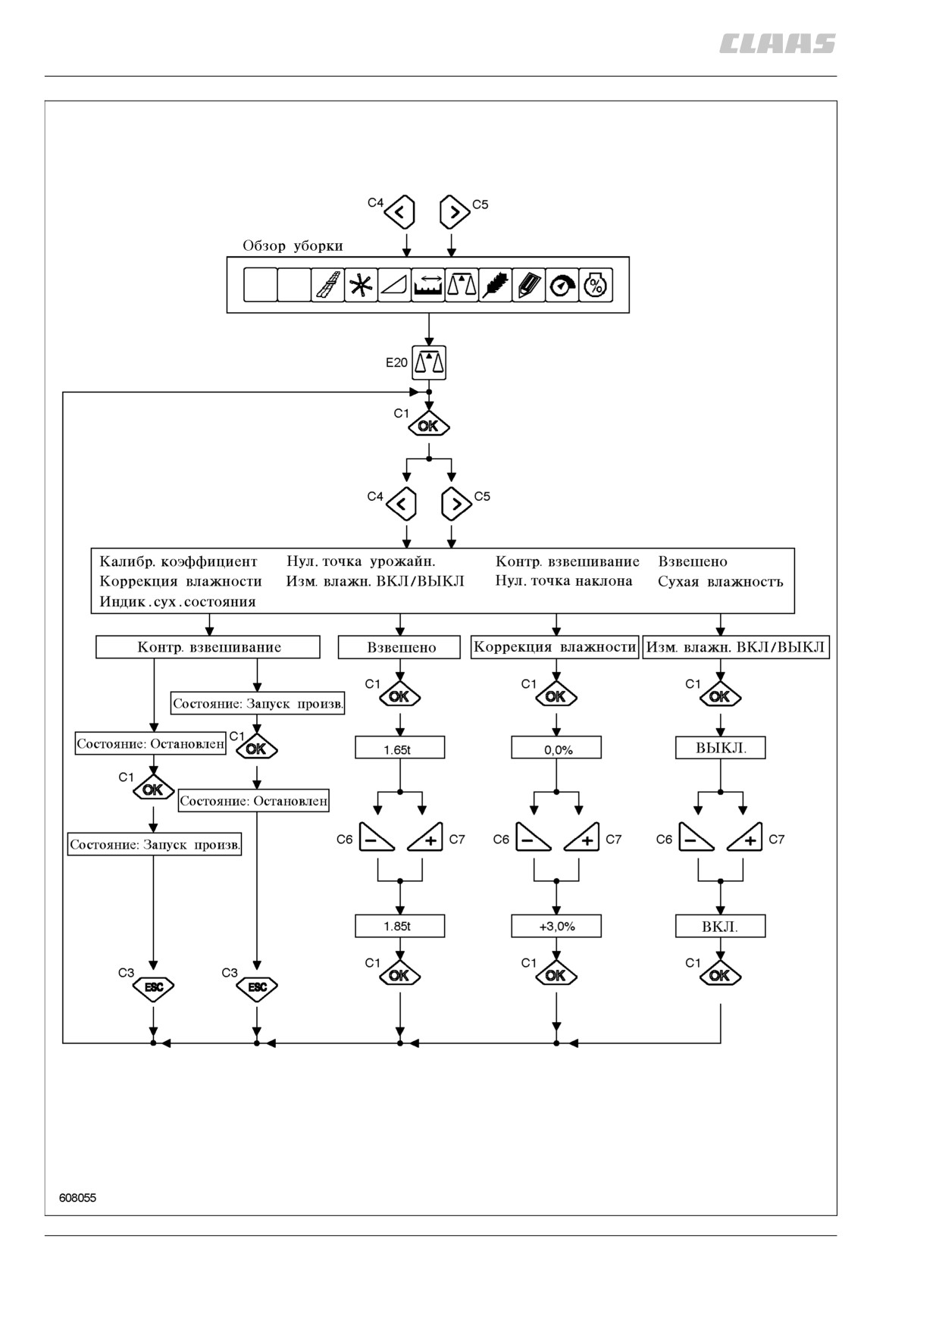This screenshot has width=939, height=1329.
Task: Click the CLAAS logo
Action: (x=777, y=44)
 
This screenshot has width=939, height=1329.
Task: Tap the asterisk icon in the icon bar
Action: (x=362, y=286)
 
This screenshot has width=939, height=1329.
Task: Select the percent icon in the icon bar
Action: (x=596, y=286)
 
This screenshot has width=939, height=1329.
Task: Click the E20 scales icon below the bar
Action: (x=429, y=363)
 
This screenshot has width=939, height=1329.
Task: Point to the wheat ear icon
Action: (x=496, y=286)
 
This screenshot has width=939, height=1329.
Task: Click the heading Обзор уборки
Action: (x=293, y=245)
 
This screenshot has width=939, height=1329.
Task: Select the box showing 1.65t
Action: (x=400, y=748)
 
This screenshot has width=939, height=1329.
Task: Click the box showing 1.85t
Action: (x=400, y=926)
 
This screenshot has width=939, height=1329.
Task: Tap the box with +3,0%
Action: (x=556, y=926)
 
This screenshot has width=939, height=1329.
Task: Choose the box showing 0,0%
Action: (x=556, y=748)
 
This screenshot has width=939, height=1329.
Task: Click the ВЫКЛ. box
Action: (x=721, y=748)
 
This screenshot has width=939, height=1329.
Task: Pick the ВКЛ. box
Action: (x=721, y=926)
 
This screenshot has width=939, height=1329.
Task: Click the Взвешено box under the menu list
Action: (x=399, y=647)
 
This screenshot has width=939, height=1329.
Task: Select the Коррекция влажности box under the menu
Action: (x=555, y=647)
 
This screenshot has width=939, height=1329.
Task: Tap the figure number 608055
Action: (x=77, y=1198)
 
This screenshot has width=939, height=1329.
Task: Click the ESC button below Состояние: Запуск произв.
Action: (x=154, y=987)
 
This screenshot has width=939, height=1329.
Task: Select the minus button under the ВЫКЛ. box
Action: (x=696, y=836)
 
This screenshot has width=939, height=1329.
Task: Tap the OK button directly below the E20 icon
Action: (x=429, y=426)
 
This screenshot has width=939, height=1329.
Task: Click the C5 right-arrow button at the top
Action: (x=454, y=212)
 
